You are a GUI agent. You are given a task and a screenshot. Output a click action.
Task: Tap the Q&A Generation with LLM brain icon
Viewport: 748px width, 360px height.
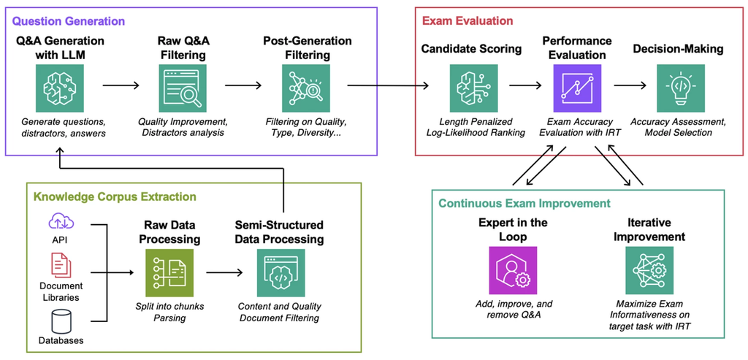tap(60, 88)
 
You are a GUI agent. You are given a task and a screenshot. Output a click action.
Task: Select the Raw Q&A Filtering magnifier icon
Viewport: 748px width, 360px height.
tap(183, 88)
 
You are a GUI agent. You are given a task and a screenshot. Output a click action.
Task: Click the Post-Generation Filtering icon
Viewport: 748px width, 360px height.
tap(307, 88)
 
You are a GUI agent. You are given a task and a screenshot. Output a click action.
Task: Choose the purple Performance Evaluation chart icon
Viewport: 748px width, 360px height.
tap(576, 88)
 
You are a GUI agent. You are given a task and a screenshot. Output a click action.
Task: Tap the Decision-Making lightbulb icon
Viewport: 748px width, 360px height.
tap(680, 88)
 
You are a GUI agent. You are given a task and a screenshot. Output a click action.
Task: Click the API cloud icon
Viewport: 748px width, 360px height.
tap(60, 221)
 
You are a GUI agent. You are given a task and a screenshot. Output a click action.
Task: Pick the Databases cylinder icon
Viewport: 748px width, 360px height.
tap(60, 319)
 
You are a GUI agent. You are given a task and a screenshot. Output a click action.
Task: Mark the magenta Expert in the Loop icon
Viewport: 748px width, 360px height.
tap(513, 269)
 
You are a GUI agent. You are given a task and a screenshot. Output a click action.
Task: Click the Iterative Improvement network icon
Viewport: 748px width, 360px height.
tap(649, 269)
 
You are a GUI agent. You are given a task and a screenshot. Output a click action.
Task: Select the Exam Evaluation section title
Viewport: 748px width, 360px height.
tap(469, 21)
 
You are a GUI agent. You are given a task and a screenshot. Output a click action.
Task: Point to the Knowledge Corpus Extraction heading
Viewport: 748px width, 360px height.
tap(114, 196)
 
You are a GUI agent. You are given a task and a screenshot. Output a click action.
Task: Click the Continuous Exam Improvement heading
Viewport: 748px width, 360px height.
tap(524, 203)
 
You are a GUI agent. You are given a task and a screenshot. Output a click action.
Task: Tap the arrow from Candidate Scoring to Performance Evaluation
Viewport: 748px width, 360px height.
tap(524, 85)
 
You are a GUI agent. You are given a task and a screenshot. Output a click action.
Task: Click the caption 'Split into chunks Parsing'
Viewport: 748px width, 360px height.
tap(169, 312)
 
